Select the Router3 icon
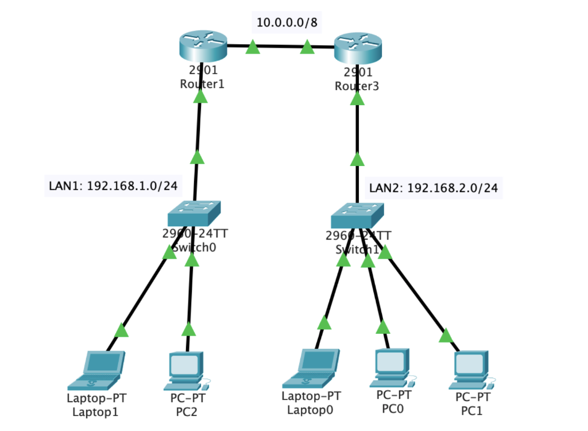(358, 49)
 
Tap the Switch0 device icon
(195, 213)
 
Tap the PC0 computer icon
(392, 368)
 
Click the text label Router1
(200, 84)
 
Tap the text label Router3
(357, 86)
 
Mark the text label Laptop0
(310, 410)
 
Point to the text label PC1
(473, 411)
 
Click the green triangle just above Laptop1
(122, 330)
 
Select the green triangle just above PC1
(446, 335)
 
